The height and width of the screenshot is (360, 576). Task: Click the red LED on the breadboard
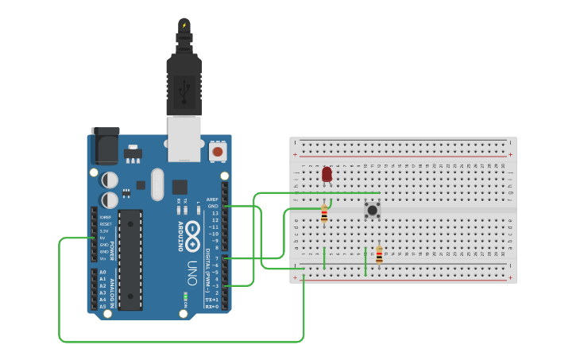pyautogui.click(x=327, y=174)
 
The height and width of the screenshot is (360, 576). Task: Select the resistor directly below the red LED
pyautogui.click(x=324, y=213)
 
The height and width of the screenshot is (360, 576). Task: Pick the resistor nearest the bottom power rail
pyautogui.click(x=379, y=255)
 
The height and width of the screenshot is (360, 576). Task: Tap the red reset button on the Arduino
pyautogui.click(x=216, y=150)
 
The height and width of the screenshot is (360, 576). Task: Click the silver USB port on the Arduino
pyautogui.click(x=184, y=138)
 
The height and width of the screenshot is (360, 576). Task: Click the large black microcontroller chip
pyautogui.click(x=130, y=259)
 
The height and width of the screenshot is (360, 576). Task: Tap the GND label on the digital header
pyautogui.click(x=212, y=207)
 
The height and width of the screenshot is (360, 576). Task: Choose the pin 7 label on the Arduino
pyautogui.click(x=216, y=257)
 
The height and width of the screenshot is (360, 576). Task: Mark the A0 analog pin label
pyautogui.click(x=102, y=272)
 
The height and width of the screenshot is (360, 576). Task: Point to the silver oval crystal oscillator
pyautogui.click(x=157, y=184)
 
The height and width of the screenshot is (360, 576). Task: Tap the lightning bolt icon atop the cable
pyautogui.click(x=184, y=25)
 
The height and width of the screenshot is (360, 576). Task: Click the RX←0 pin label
pyautogui.click(x=212, y=306)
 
